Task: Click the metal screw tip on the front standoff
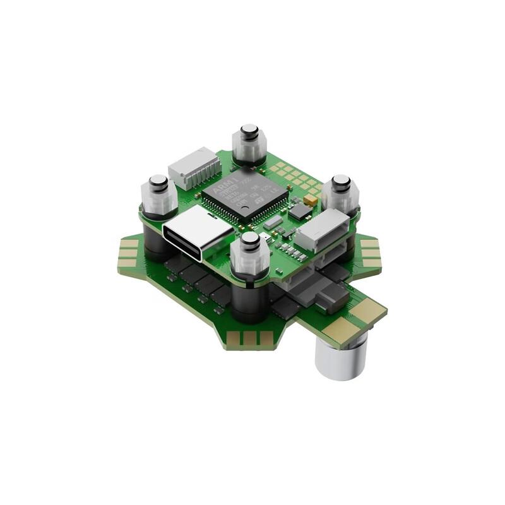tap(250, 239)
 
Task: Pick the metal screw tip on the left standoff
tap(157, 184)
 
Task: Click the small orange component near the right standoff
tap(310, 200)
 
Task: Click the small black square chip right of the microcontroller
tap(299, 211)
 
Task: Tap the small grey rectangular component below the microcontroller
tap(273, 222)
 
